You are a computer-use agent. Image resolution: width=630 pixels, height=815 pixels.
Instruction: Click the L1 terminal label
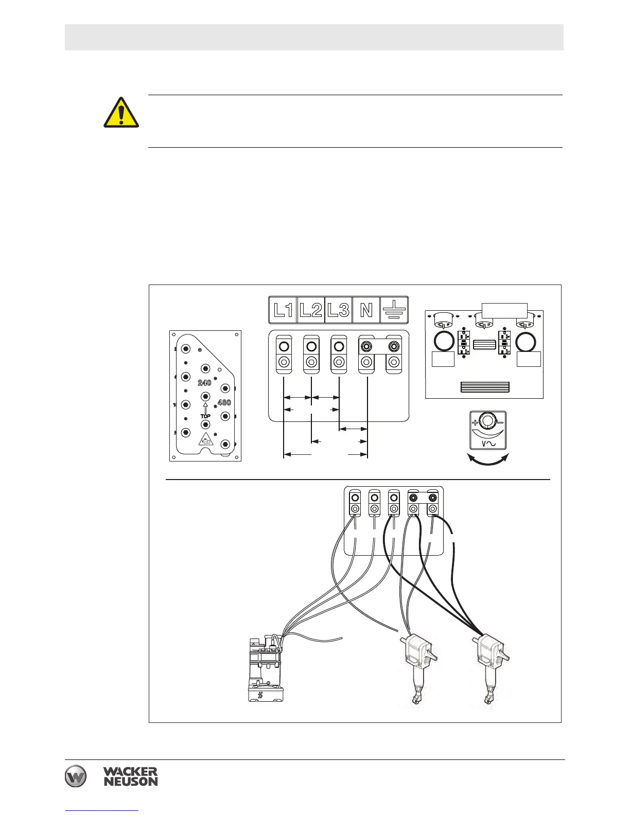tap(283, 310)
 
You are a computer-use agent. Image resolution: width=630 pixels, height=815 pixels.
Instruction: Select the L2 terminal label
tap(311, 310)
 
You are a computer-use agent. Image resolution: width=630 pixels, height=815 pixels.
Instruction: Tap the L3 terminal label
tap(339, 310)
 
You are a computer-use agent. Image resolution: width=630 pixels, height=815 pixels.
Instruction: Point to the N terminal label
tap(366, 310)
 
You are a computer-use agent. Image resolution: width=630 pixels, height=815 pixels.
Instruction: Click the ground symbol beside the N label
tap(394, 310)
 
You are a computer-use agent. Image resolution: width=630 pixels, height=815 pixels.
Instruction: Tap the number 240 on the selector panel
tap(204, 383)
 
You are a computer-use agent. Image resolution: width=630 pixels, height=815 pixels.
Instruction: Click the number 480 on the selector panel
tap(224, 402)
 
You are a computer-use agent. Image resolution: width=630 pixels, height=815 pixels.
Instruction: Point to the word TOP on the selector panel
tap(205, 416)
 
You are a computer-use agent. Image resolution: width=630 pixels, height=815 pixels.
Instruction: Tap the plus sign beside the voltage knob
tap(474, 423)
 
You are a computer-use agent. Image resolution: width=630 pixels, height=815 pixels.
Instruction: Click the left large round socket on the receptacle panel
tap(443, 341)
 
